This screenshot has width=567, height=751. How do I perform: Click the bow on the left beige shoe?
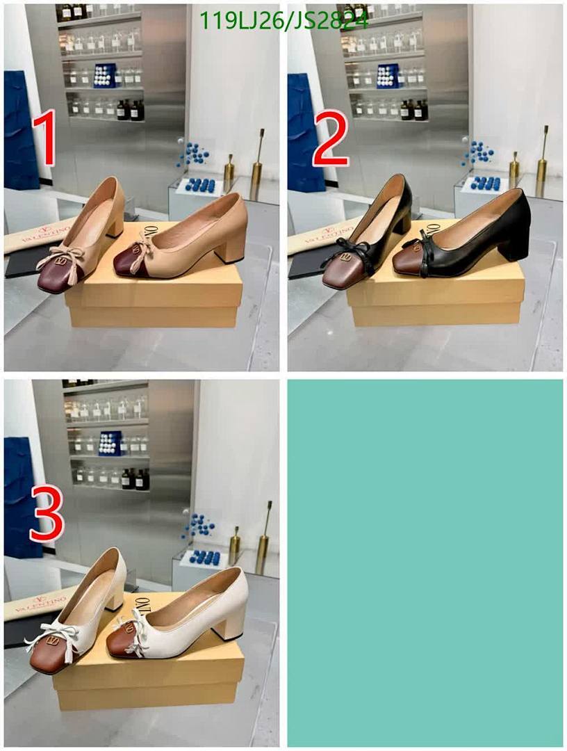60,258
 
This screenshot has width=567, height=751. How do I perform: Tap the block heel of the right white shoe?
231,622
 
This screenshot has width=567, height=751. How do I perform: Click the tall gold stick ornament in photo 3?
264,535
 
